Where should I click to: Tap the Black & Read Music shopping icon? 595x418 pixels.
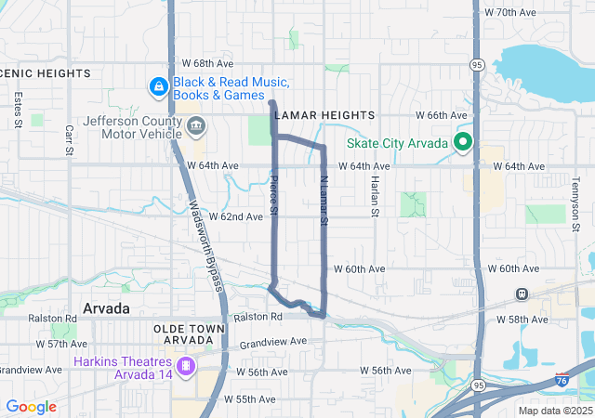point(159,86)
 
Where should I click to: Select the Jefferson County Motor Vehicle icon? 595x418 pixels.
point(195,126)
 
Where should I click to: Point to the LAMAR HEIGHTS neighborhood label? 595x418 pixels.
point(324,114)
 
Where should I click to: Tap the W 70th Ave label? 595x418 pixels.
point(511,12)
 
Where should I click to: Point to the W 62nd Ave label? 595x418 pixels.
point(236,216)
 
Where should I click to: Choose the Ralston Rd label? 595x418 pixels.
point(258,317)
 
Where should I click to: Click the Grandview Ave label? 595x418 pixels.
point(272,342)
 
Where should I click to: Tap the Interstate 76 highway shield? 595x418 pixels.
point(562,380)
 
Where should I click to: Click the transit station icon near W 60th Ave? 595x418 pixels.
point(522,294)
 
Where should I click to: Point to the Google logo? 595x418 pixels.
point(31,407)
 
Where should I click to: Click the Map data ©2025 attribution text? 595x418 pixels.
point(554,411)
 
